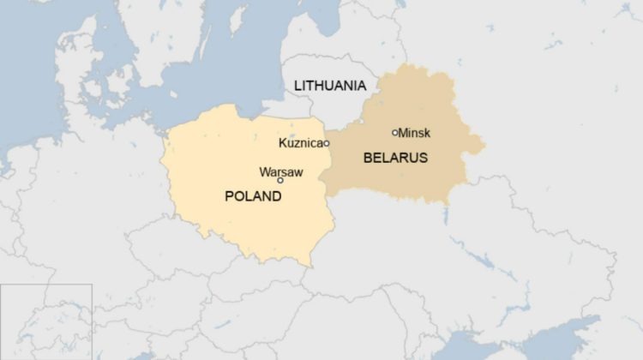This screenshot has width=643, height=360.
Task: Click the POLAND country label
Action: tap(253, 196)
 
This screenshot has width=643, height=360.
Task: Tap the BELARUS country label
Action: tap(395, 158)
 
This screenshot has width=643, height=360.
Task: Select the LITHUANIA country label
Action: tap(330, 86)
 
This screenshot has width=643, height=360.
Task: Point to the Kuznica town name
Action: tap(300, 142)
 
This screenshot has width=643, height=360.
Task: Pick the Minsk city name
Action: tap(414, 133)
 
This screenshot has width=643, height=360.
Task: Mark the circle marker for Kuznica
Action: tap(327, 143)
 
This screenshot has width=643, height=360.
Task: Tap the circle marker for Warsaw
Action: tap(280, 181)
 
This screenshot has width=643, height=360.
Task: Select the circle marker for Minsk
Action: tap(395, 133)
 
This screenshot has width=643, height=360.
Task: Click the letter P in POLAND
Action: tap(229, 196)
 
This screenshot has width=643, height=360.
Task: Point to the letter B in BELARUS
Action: tap(368, 158)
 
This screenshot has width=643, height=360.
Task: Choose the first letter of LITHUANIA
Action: tap(297, 86)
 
